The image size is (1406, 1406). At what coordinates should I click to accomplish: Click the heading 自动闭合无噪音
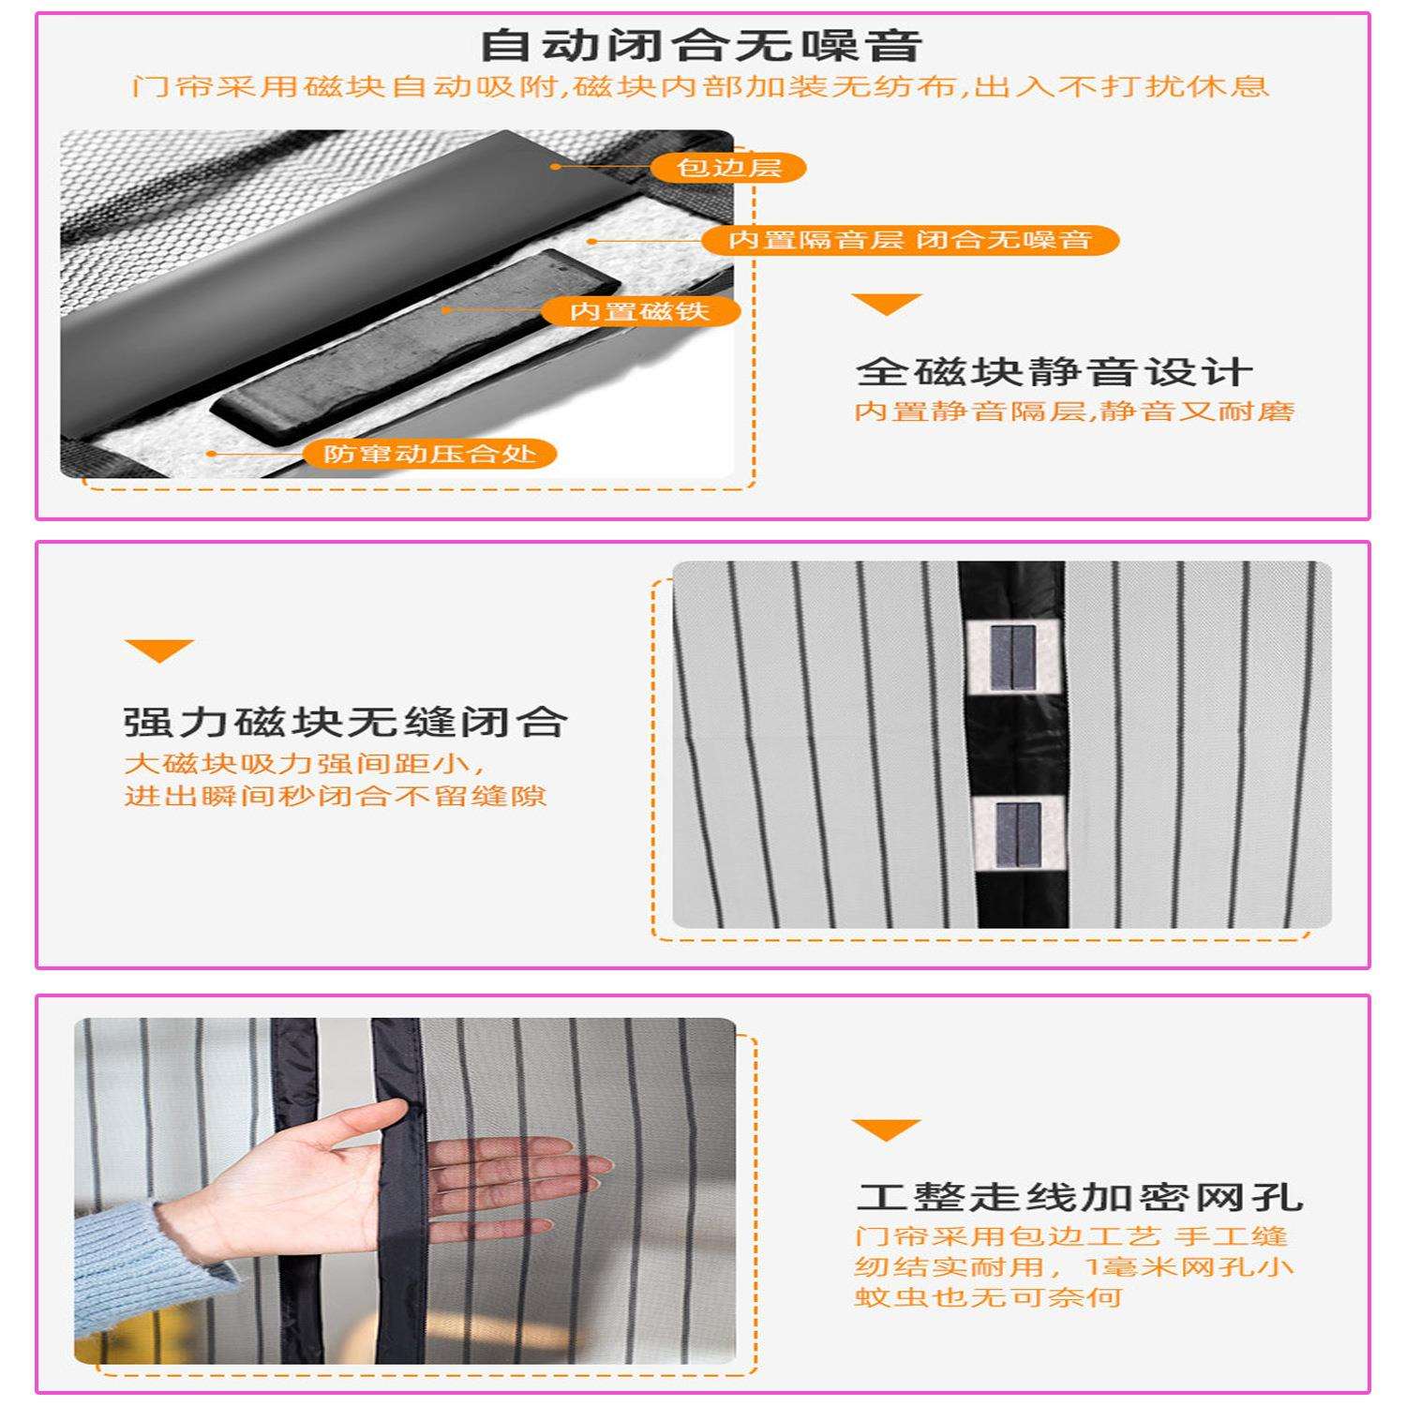point(702,44)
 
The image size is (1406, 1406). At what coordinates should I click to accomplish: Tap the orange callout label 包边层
point(728,168)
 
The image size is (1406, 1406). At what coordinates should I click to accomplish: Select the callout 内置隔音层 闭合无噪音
point(910,240)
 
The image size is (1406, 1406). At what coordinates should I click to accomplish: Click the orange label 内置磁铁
point(640,311)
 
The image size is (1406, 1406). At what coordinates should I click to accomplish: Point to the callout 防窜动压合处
point(429,455)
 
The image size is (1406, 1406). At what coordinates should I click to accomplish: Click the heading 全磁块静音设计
point(1054,372)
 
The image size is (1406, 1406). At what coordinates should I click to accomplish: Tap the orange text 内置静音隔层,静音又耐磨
point(1074,411)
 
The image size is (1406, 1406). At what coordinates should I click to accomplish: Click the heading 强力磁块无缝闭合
point(346,722)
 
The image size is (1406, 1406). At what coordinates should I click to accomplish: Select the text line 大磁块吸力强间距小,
point(307,762)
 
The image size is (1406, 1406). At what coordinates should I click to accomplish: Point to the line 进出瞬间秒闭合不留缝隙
point(336,796)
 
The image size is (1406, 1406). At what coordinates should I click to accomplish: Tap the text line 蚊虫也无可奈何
point(988,1297)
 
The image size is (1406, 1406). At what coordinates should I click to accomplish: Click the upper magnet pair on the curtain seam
point(1012,656)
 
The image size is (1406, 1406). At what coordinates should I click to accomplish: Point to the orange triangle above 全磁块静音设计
point(887,304)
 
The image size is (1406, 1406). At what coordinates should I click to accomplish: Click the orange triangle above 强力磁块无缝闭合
point(159,651)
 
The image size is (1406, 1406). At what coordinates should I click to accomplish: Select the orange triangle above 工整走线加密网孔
point(886,1129)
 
